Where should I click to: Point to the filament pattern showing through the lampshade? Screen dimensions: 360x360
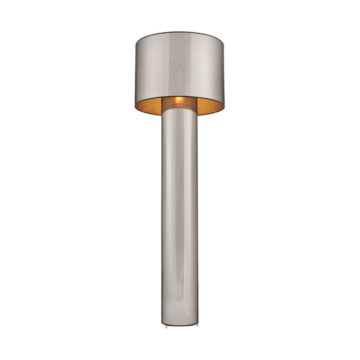(179, 79)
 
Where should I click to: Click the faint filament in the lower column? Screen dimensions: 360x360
(180, 288)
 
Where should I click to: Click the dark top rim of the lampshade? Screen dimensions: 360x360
(180, 32)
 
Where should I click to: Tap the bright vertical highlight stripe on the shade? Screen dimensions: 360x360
(199, 68)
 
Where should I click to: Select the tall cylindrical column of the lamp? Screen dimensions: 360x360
(180, 212)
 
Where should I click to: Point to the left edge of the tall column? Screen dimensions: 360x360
(162, 212)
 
